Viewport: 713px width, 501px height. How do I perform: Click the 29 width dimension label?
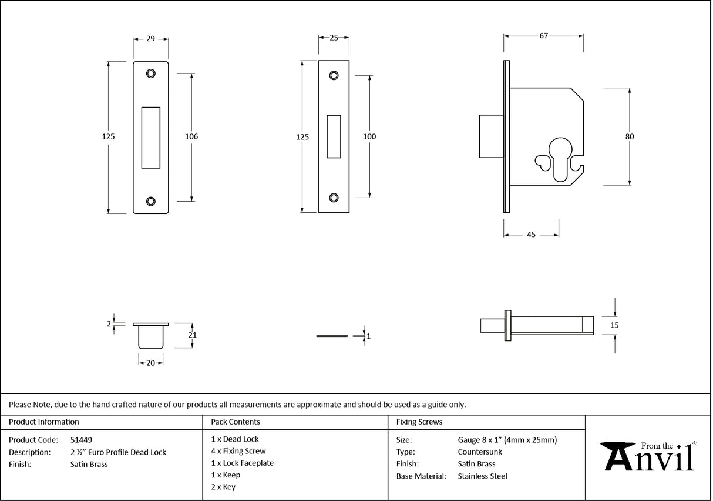[150, 39]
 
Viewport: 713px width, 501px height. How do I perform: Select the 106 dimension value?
[191, 136]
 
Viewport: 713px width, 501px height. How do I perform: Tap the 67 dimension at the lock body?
[543, 36]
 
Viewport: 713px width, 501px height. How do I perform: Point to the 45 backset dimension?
[530, 235]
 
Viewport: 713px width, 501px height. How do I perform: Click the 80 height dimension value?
[630, 136]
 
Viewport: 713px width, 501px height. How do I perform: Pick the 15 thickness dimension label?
[615, 325]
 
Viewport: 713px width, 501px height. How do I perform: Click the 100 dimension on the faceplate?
[369, 136]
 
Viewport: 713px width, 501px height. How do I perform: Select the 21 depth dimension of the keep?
[192, 335]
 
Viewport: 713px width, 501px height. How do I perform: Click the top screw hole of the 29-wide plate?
[151, 73]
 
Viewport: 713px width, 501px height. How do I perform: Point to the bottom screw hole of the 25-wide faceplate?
[334, 198]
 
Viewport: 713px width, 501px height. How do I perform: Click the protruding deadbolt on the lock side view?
[490, 136]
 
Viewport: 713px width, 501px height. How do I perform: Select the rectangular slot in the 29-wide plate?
[151, 137]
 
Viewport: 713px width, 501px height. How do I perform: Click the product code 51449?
[81, 439]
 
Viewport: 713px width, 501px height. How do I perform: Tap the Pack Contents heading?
[235, 422]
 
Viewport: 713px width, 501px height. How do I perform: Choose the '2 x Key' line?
[223, 487]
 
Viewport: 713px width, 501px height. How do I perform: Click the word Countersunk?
[479, 452]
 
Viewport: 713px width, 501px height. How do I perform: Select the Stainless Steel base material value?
[482, 476]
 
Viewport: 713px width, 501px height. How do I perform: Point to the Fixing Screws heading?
[419, 422]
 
